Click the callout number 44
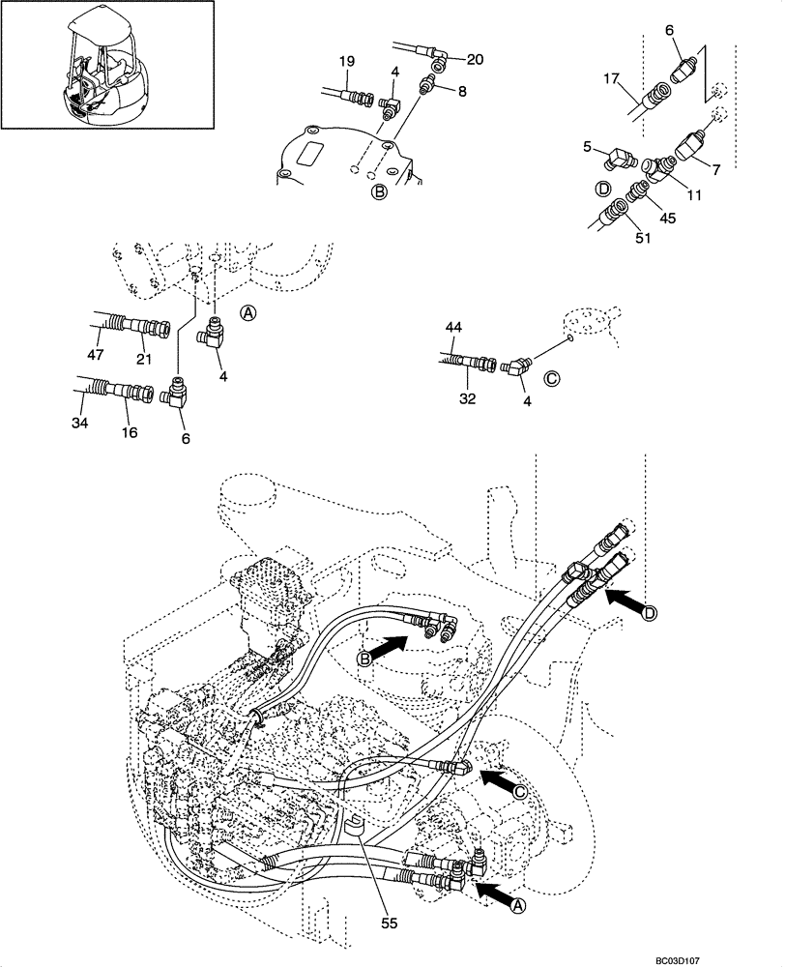pos(453,330)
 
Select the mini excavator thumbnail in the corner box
pos(106,65)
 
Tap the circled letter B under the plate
pos(380,192)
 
